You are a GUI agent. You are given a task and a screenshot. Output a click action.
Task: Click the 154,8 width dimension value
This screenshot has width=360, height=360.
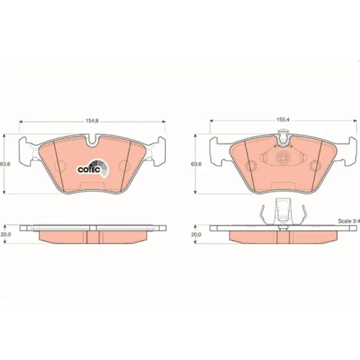tap(92, 121)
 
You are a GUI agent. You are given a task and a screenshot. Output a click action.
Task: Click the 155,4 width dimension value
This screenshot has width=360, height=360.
tap(283, 120)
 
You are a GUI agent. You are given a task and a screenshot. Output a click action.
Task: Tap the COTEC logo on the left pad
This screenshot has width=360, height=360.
tap(93, 168)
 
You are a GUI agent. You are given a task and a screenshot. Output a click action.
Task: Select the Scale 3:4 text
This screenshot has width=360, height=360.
tap(349, 221)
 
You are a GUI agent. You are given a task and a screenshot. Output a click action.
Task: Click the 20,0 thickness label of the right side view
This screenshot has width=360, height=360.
tap(196, 235)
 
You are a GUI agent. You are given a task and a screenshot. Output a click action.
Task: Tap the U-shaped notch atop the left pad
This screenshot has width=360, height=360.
tap(92, 142)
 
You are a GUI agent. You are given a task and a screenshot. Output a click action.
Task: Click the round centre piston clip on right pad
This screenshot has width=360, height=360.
tap(282, 158)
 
